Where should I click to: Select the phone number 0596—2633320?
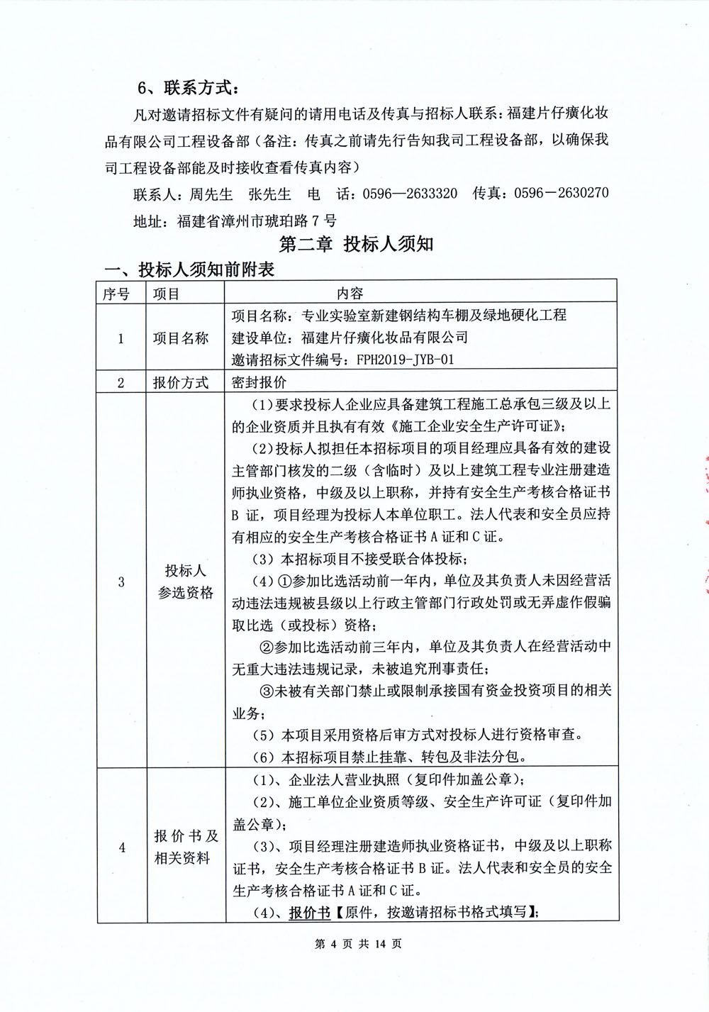tap(410, 194)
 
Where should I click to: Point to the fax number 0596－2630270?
tap(561, 193)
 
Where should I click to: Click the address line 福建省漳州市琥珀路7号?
tap(257, 221)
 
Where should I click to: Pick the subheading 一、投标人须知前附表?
tap(189, 269)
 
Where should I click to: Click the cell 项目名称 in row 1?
tap(181, 338)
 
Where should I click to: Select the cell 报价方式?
tap(181, 383)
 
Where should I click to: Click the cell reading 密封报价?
tap(259, 383)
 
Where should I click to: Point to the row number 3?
tap(121, 582)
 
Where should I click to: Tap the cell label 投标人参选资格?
tap(185, 582)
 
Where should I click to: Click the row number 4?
tap(121, 847)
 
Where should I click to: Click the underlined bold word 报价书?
tap(310, 913)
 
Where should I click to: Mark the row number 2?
tap(121, 383)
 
